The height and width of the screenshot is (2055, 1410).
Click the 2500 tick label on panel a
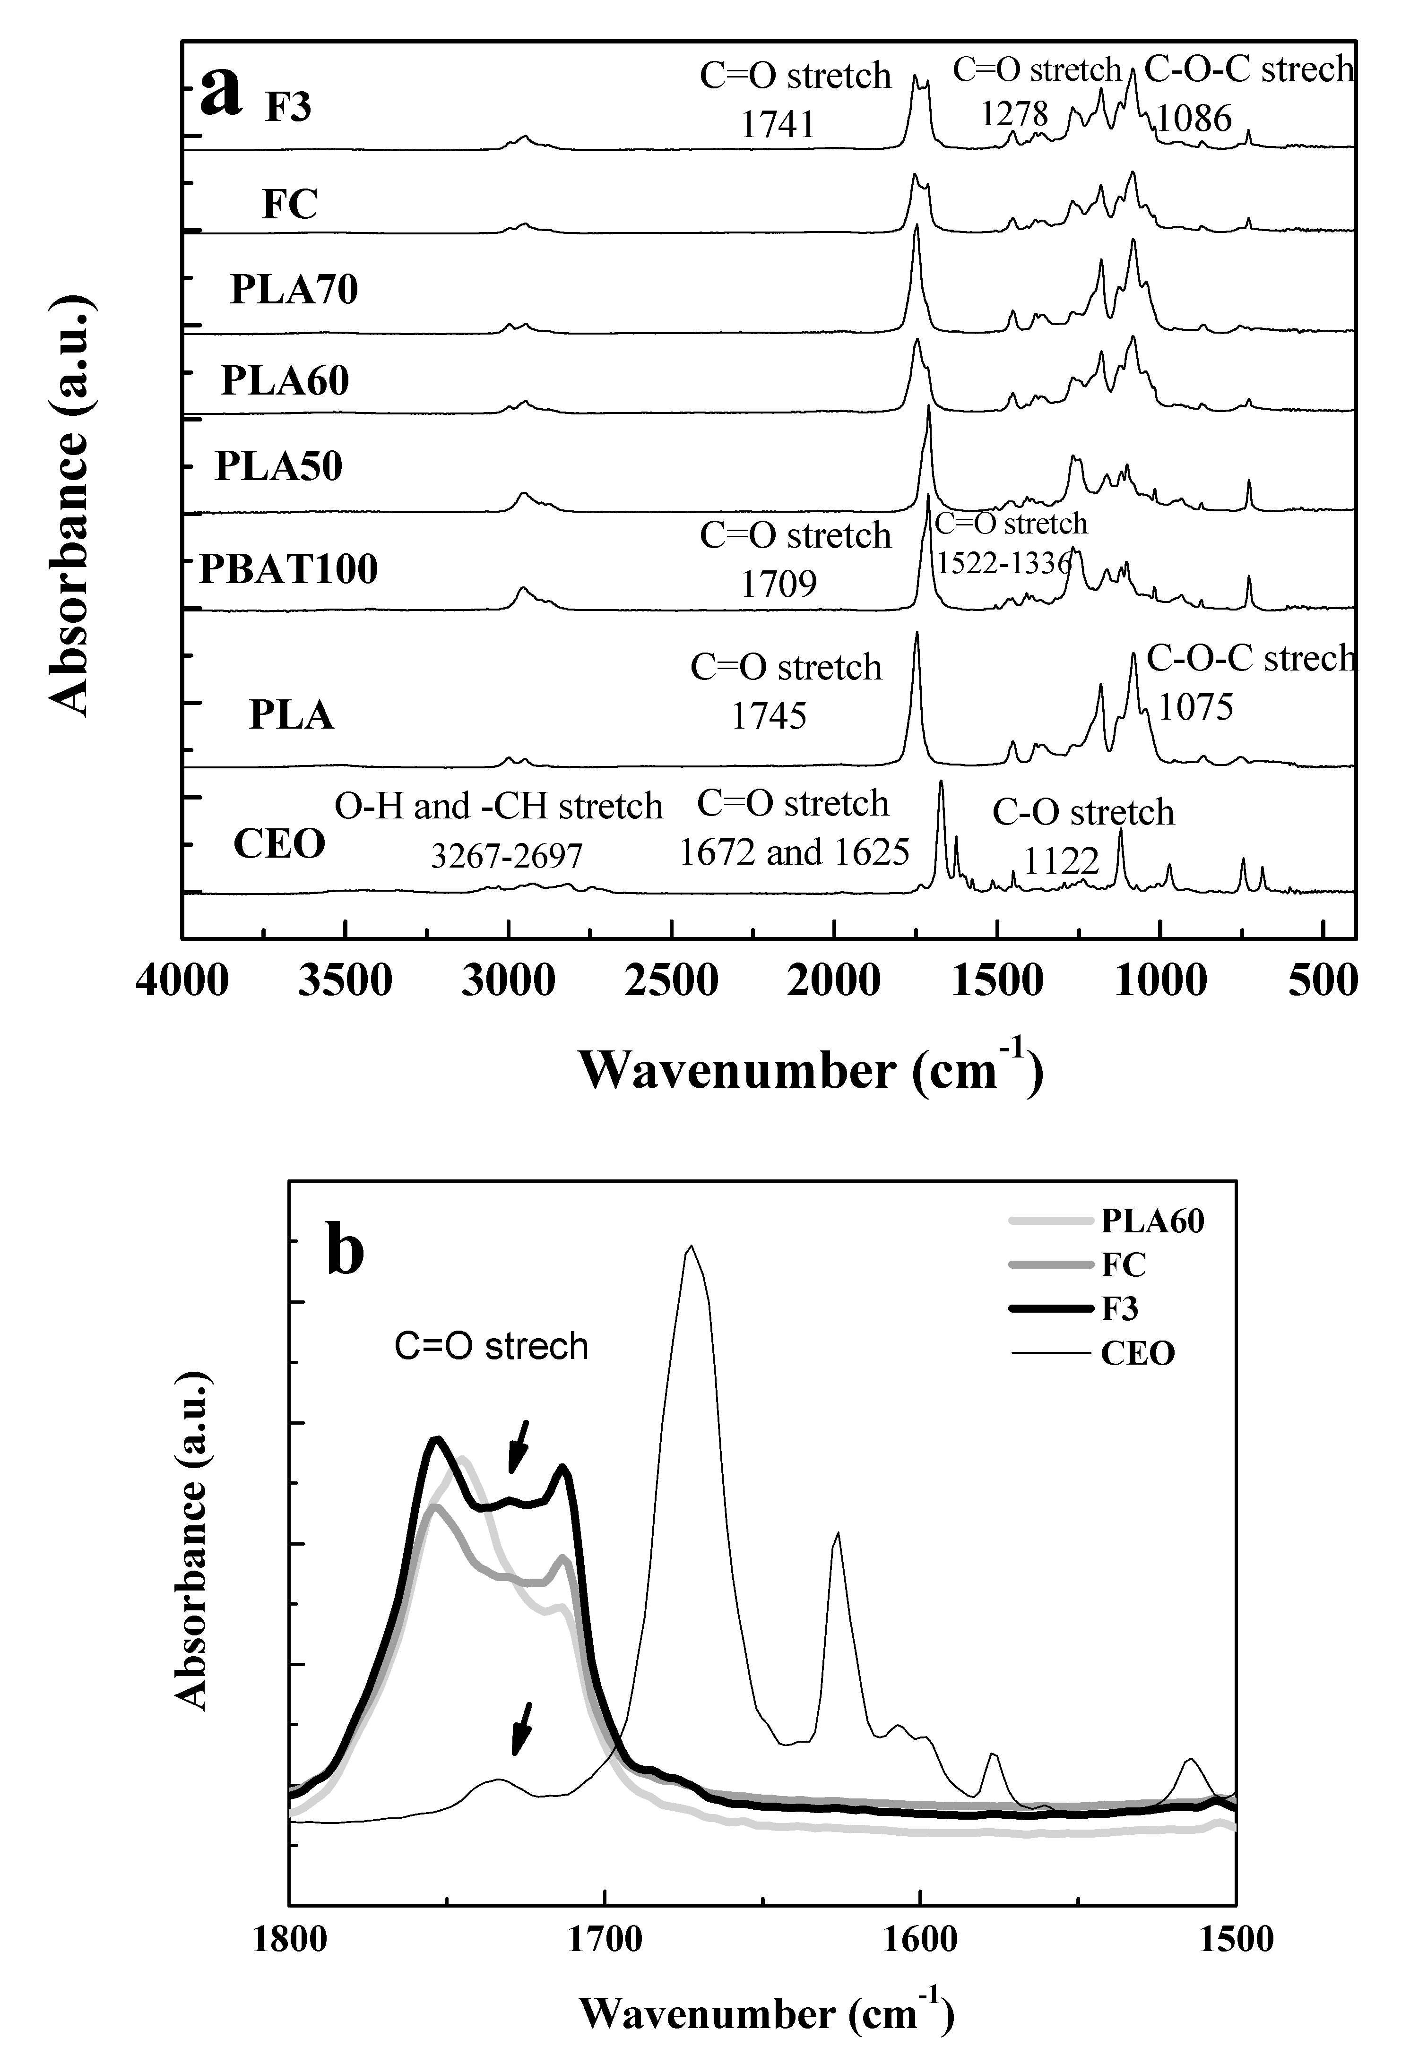pyautogui.click(x=671, y=980)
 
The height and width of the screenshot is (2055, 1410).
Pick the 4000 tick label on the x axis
pyautogui.click(x=182, y=980)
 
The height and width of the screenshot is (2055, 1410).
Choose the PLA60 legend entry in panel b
pyautogui.click(x=1152, y=1221)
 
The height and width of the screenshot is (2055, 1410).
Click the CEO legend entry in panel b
pyautogui.click(x=1138, y=1353)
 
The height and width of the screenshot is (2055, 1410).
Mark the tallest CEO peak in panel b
pyautogui.click(x=690, y=1247)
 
